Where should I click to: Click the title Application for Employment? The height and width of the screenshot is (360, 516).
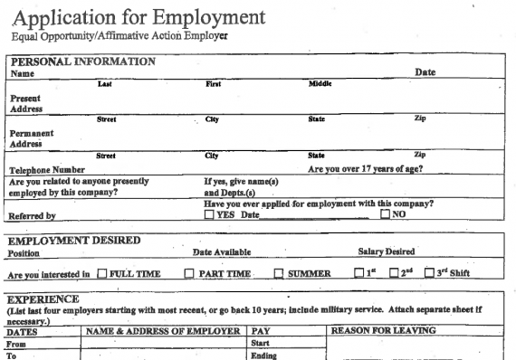coord(140,17)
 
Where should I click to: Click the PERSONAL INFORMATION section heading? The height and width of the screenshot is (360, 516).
coord(81,62)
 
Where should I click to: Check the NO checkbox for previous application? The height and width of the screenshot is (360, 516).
coord(386,214)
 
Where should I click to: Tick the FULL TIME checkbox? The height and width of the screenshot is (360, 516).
coord(101,274)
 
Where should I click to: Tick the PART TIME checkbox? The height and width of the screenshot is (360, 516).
coord(190,274)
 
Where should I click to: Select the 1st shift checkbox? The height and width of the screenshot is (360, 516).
coord(359,274)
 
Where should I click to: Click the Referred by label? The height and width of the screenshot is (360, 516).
coord(33,216)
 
